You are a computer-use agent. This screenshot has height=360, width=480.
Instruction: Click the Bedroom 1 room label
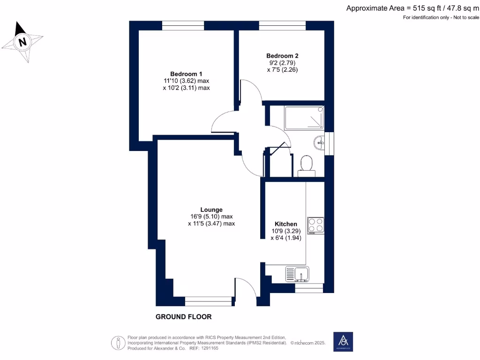186,74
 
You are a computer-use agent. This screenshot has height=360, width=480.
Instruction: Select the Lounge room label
211,210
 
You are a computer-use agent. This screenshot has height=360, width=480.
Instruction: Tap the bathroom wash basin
320,141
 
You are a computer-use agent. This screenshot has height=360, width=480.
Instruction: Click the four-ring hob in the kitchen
315,225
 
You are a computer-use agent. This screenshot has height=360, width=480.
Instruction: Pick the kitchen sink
297,273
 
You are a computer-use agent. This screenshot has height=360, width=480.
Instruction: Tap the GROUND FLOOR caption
183,317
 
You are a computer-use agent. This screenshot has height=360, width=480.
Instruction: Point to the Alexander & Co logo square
343,342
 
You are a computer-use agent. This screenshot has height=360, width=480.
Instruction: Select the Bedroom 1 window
183,26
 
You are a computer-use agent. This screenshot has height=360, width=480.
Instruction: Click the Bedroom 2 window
280,26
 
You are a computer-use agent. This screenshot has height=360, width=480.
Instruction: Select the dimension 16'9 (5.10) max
211,217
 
